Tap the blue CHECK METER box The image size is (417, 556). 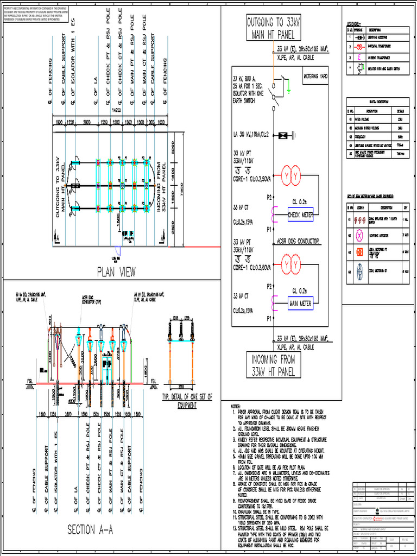[x=300, y=215]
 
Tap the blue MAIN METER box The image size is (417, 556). [x=300, y=304]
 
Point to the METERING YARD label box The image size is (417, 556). [x=315, y=78]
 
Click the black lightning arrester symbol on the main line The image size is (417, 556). [x=282, y=135]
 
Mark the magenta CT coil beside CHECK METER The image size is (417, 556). [x=275, y=215]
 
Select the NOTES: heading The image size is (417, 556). [x=236, y=406]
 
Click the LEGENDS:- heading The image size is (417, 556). [x=356, y=23]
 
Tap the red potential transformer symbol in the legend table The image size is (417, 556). [x=359, y=47]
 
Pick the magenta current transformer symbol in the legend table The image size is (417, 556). [x=359, y=56]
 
